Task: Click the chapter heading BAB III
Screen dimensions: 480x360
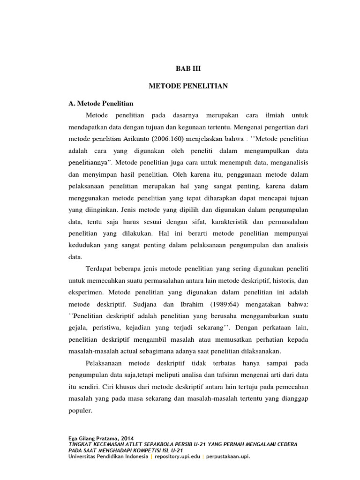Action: pyautogui.click(x=187, y=68)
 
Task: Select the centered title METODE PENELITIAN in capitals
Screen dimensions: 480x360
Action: pyautogui.click(x=187, y=86)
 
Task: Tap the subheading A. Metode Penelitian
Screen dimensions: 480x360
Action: pyautogui.click(x=101, y=103)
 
